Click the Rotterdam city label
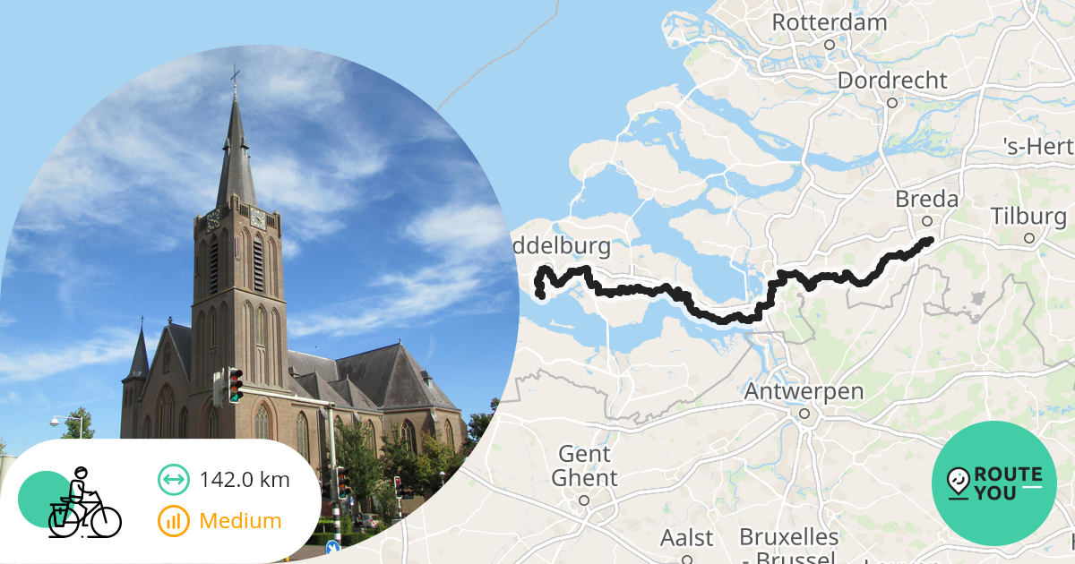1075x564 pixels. (829, 21)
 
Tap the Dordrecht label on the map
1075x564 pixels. (891, 81)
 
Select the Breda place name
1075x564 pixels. (926, 199)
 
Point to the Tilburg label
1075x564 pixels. (1028, 217)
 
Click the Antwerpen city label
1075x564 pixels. (804, 392)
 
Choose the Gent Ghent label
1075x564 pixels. (583, 466)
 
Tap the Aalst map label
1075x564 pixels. (687, 538)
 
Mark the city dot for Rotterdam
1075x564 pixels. (830, 44)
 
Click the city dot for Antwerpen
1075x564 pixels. (804, 414)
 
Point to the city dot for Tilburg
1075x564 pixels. (1029, 238)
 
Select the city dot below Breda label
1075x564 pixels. (927, 220)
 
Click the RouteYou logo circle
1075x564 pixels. (994, 483)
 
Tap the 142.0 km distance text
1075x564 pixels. (245, 480)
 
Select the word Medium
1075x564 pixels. (240, 520)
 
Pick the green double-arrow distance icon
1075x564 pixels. (174, 480)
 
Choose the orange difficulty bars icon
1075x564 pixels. (174, 520)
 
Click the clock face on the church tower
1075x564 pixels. (257, 218)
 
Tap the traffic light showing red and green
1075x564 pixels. (236, 385)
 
